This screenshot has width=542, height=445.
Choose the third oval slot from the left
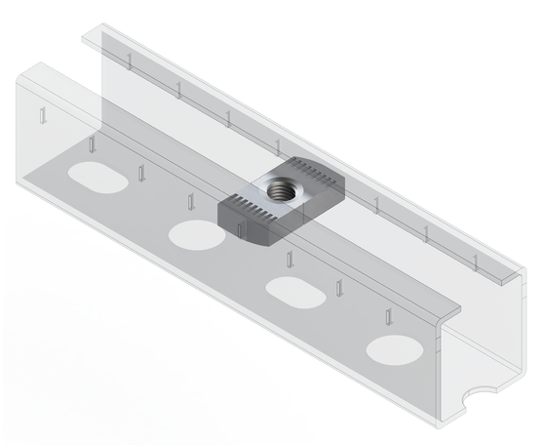[293, 288]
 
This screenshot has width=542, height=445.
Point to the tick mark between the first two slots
[140, 174]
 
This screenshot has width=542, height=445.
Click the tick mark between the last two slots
[339, 289]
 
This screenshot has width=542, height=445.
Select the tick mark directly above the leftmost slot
[91, 146]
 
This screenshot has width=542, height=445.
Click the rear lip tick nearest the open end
[475, 260]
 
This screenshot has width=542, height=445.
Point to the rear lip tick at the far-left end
[129, 61]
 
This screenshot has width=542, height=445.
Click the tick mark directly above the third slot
[290, 259]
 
